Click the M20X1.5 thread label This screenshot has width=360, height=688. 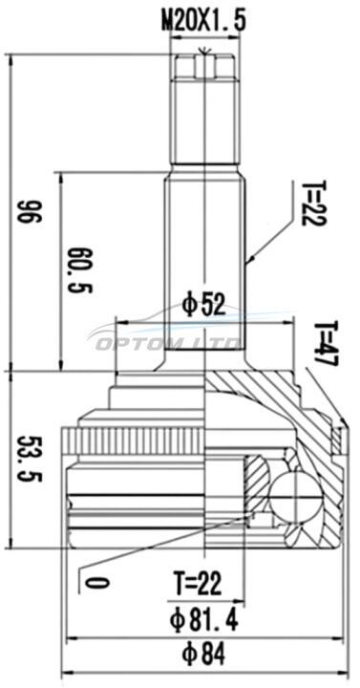point(204,21)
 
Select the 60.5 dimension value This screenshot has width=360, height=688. point(79,269)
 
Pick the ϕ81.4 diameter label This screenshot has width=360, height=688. point(204,620)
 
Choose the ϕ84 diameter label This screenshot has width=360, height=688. point(204,655)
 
